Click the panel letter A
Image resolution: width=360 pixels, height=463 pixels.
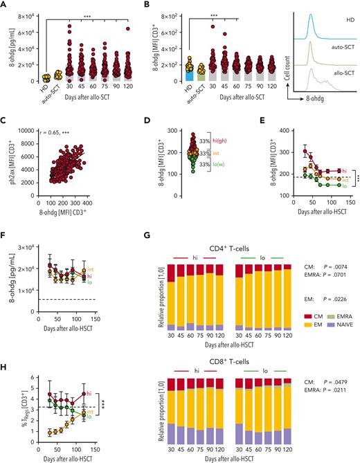[5, 6]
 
